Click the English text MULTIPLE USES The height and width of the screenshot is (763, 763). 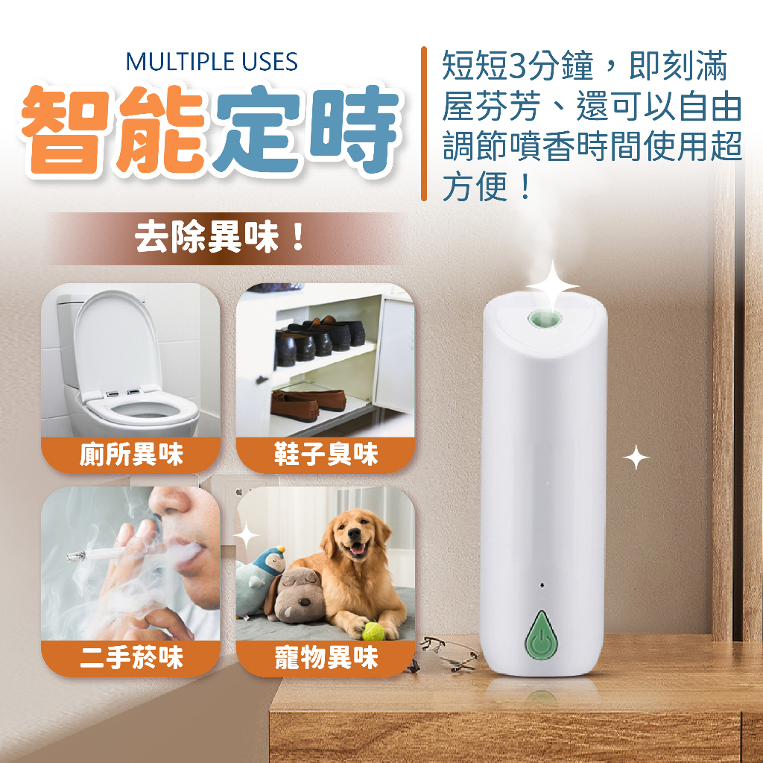212,62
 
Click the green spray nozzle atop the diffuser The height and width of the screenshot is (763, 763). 545,320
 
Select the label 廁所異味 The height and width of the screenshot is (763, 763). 131,455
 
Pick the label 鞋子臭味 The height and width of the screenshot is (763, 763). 326,455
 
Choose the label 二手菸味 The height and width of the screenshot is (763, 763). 131,657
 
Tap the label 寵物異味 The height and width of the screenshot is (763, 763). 326,657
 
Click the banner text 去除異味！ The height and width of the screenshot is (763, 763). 220,238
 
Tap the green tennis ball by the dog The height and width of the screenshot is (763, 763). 373,631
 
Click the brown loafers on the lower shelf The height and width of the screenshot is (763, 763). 308,402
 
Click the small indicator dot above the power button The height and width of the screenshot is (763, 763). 542,585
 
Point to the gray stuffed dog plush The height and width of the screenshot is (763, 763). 295,596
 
